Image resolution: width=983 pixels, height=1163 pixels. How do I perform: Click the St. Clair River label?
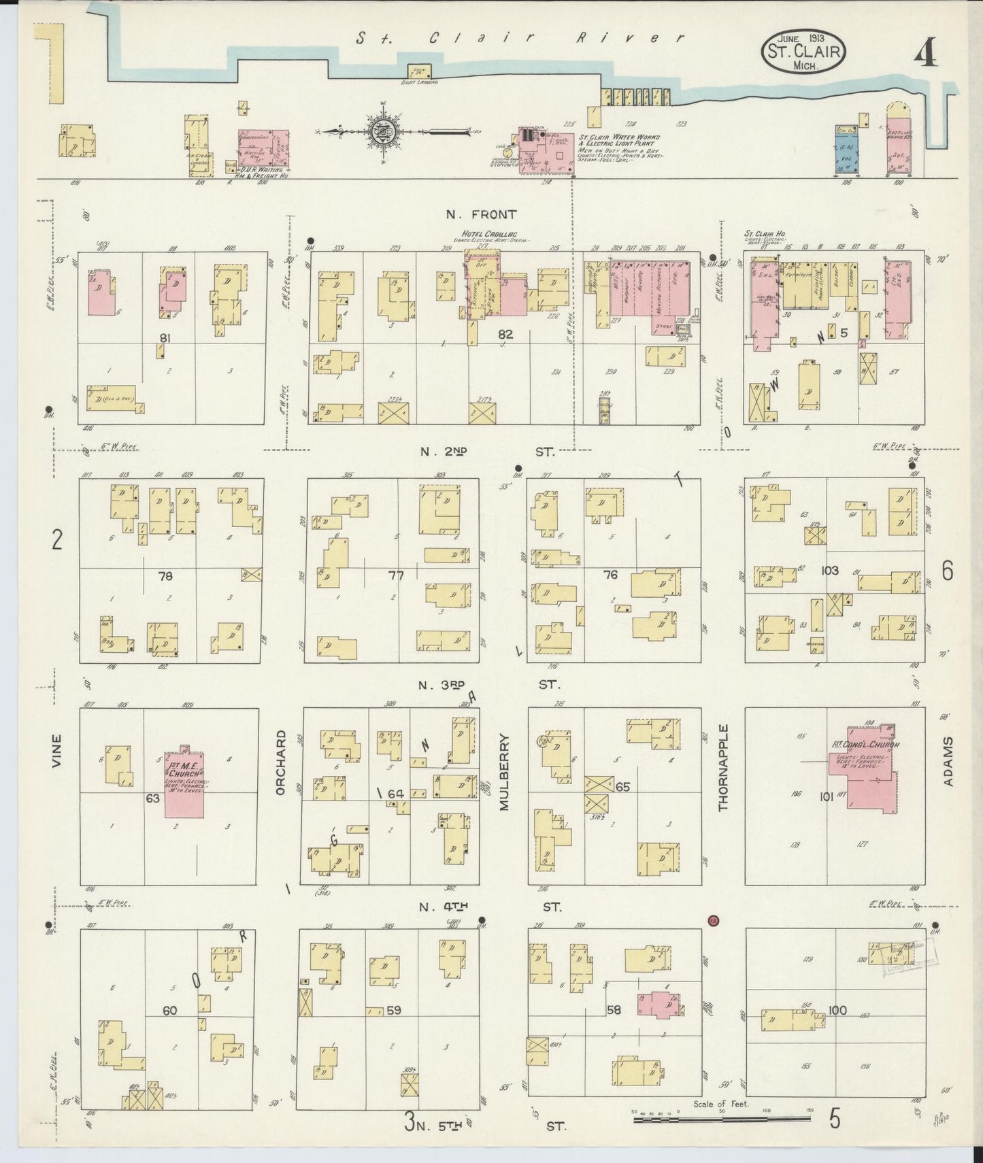coord(520,39)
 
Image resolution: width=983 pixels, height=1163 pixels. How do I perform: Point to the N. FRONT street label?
coord(481,215)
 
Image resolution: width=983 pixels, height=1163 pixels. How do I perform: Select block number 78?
coord(165,576)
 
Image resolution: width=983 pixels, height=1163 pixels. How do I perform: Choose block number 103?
coord(829,571)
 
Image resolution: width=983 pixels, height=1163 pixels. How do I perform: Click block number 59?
coord(393,1011)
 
